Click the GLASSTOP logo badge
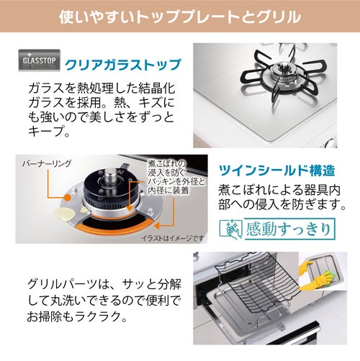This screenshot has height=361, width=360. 40,60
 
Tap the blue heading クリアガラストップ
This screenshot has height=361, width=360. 122,65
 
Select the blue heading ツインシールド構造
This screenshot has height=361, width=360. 276,170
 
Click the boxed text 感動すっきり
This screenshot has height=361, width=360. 289,229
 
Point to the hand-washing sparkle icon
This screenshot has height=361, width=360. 231,229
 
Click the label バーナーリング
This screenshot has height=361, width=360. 47,164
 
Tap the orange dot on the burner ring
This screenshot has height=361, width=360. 68,197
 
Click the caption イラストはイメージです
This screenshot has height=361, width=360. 173,238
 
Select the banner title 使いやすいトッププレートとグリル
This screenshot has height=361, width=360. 180,17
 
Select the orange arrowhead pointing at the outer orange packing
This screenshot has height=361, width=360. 157,226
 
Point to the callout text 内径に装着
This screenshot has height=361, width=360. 168,191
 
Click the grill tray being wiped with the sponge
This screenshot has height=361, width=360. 325,273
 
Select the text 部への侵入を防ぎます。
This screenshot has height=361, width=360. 282,204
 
